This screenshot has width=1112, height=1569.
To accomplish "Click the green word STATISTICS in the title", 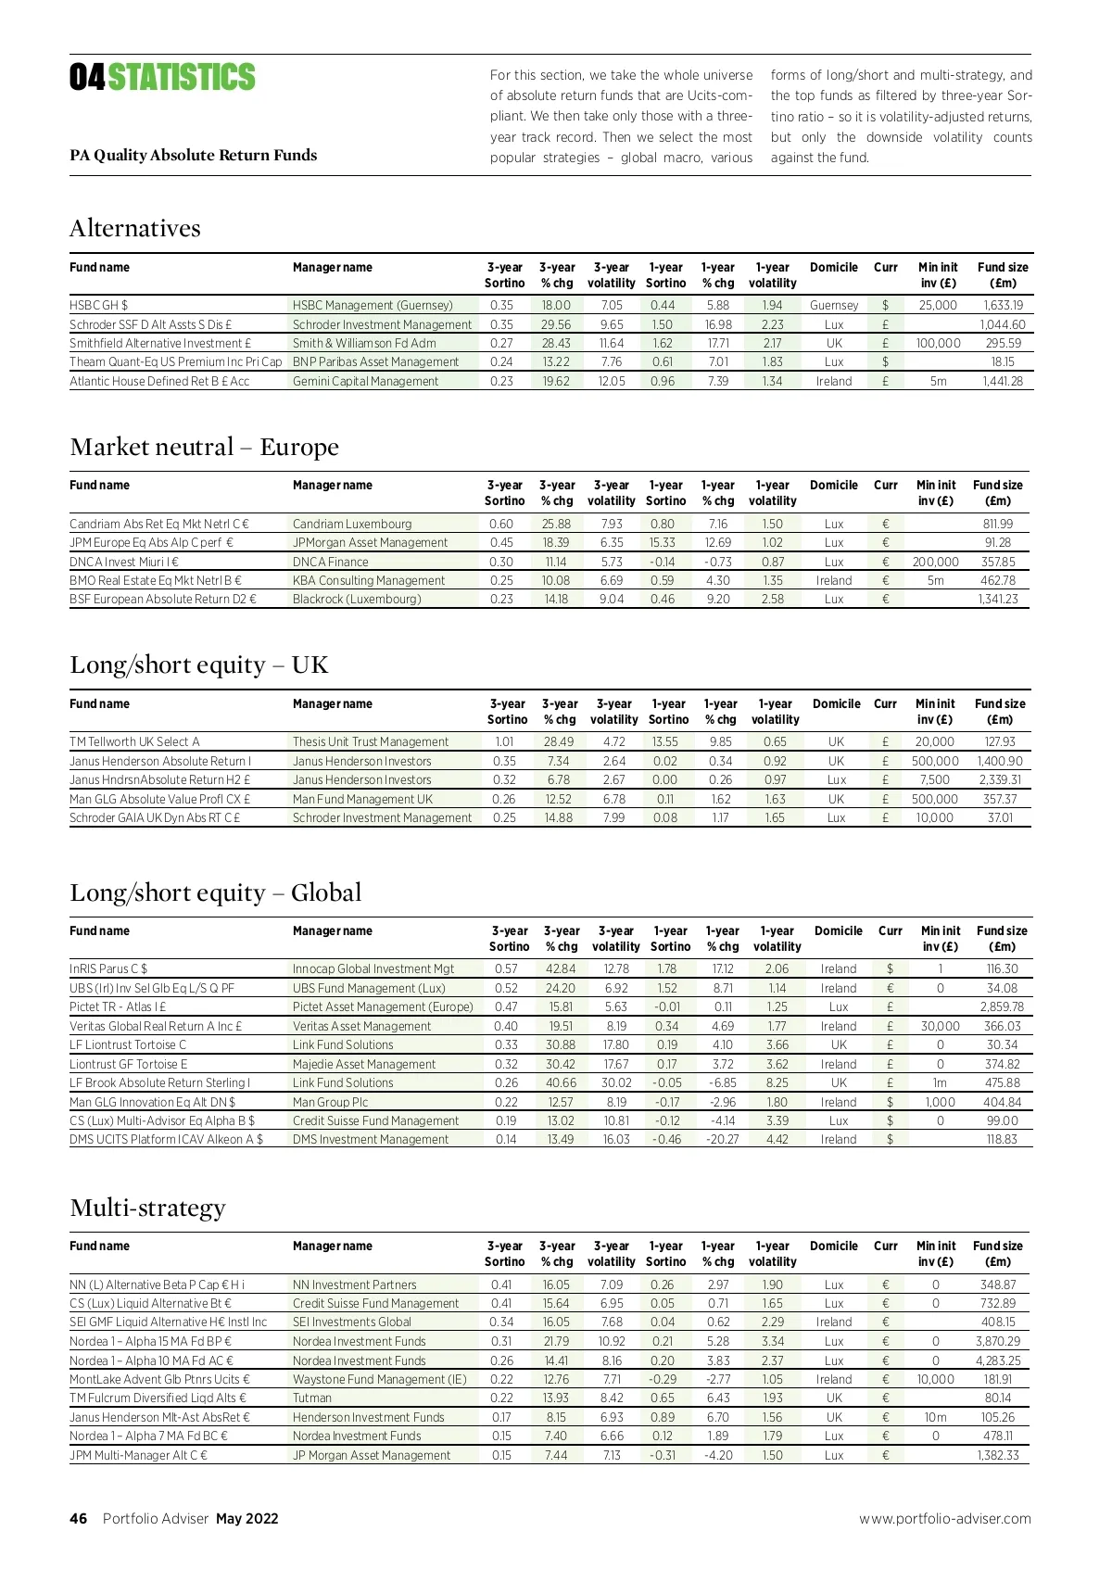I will [182, 78].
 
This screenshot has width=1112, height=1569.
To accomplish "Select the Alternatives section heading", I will [135, 228].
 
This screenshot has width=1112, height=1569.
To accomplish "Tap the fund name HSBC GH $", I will [99, 305].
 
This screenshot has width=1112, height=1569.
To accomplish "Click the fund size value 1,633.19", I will [1003, 305].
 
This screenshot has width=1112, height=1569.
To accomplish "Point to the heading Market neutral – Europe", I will [204, 447].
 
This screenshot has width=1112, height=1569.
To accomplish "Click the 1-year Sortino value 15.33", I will [662, 542].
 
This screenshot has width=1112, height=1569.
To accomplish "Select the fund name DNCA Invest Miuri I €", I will [124, 562].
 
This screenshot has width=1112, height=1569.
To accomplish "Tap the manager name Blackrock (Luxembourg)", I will [357, 599].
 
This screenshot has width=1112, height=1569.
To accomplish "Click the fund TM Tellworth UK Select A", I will [134, 741].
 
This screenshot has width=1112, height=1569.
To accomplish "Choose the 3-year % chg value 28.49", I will [559, 741].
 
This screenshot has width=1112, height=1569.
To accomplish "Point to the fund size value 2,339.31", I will [999, 779].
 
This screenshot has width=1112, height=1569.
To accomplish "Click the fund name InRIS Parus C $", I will [108, 968].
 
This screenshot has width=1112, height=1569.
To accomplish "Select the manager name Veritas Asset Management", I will [361, 1026].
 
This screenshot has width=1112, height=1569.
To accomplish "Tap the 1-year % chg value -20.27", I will [722, 1139].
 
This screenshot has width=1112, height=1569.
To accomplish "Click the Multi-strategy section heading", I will [147, 1208].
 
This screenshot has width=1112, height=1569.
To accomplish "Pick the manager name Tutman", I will [311, 1398].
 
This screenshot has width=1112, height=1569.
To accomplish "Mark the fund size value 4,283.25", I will [998, 1360].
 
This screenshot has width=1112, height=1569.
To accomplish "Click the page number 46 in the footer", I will [78, 1518].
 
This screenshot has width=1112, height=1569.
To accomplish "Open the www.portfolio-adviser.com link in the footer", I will [944, 1518].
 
